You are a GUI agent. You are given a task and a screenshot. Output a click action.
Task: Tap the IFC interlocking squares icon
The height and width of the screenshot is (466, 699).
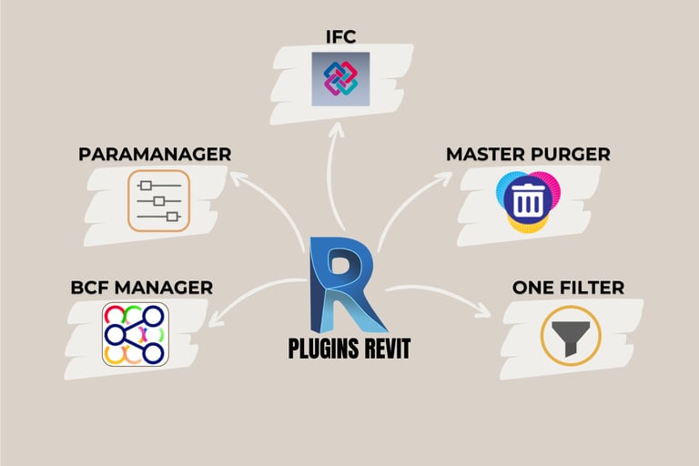[x=340, y=78]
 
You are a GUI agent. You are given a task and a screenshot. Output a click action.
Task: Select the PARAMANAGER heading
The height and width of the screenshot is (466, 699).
[x=155, y=154]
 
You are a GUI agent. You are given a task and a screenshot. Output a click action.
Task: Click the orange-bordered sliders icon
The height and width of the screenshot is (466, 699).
[x=159, y=200]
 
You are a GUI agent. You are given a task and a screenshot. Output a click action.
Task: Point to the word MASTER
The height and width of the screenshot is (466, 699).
[x=484, y=154]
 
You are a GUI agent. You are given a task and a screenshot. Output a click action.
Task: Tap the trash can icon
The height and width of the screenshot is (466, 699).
[x=528, y=200]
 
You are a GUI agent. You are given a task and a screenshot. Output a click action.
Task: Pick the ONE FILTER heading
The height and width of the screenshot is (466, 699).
[x=568, y=288]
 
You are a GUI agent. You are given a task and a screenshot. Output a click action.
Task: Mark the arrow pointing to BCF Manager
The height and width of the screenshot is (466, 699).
[x=246, y=300]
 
